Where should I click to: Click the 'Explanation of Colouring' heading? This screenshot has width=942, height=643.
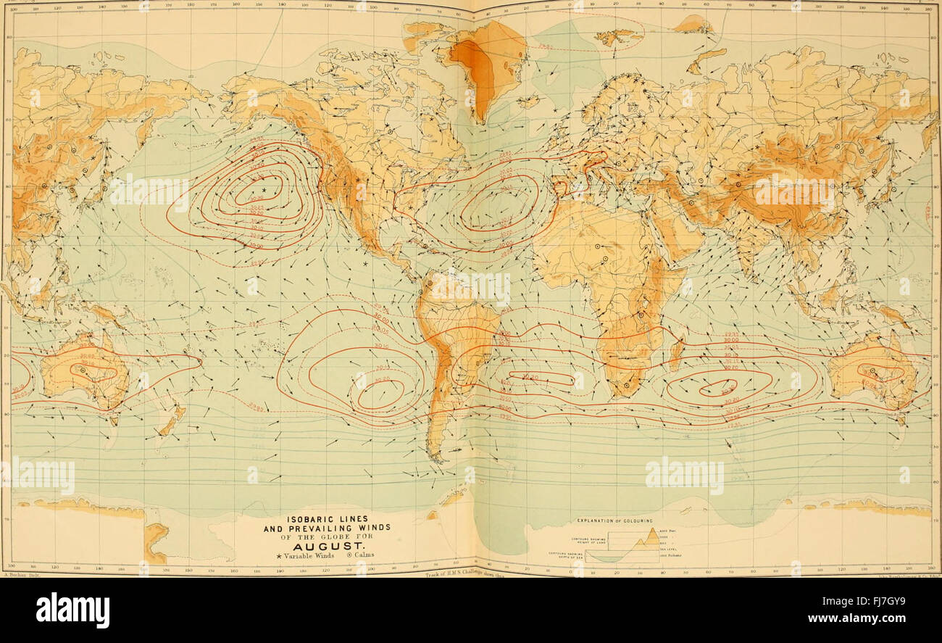pos(614,521)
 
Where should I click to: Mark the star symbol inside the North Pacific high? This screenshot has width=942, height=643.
pos(264,190)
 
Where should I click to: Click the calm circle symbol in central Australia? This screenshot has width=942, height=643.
pos(82,370)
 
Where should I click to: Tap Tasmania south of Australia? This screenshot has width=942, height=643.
pos(113,419)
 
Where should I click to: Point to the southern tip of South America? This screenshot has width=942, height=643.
pos(435,457)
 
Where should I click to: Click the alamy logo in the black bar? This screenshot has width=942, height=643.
pos(72,610)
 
